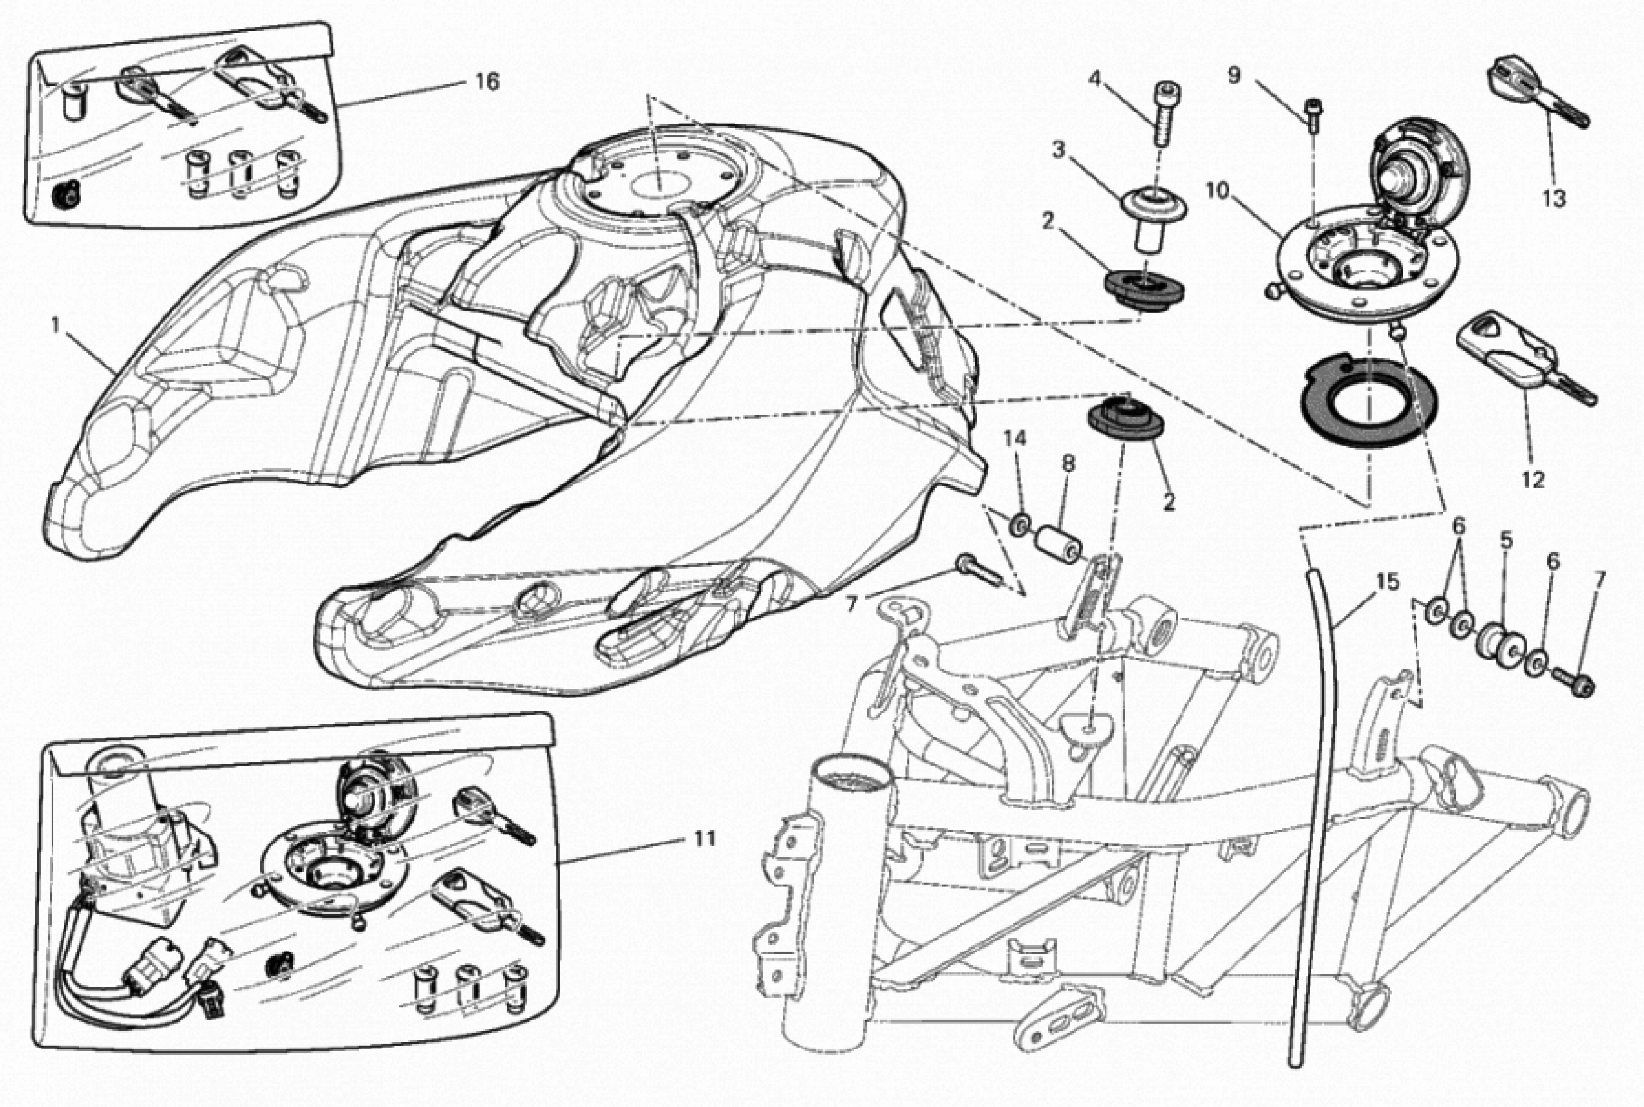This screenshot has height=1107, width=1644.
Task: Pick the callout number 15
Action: (x=1387, y=582)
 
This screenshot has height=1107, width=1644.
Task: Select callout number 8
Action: (x=1068, y=464)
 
